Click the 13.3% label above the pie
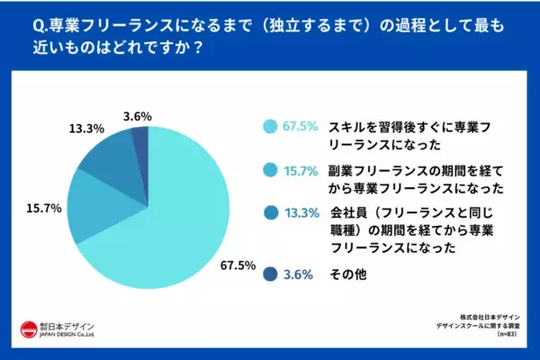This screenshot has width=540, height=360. [85, 128]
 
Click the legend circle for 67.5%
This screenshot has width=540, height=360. [269, 127]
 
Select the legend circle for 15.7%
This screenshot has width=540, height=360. [269, 170]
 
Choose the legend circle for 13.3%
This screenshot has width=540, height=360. [269, 213]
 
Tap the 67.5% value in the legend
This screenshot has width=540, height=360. [300, 127]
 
